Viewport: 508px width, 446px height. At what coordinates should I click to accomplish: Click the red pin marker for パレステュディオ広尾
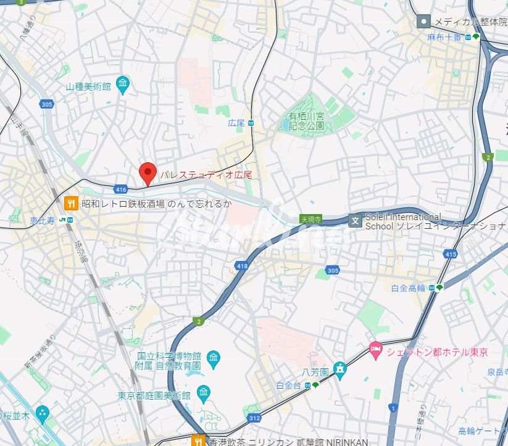click(148, 173)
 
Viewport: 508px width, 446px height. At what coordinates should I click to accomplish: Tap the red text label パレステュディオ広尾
click(206, 175)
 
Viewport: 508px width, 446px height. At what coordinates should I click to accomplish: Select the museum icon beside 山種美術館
click(123, 84)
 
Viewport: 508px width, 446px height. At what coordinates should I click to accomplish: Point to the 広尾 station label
click(237, 123)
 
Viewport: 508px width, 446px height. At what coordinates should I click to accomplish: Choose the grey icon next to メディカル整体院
click(423, 22)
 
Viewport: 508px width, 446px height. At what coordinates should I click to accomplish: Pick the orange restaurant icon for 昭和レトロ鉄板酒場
click(72, 203)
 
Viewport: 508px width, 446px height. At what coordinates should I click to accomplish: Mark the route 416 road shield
click(120, 189)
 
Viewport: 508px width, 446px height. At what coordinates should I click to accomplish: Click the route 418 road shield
click(242, 265)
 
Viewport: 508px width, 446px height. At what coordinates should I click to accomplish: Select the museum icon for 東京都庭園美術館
click(203, 392)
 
